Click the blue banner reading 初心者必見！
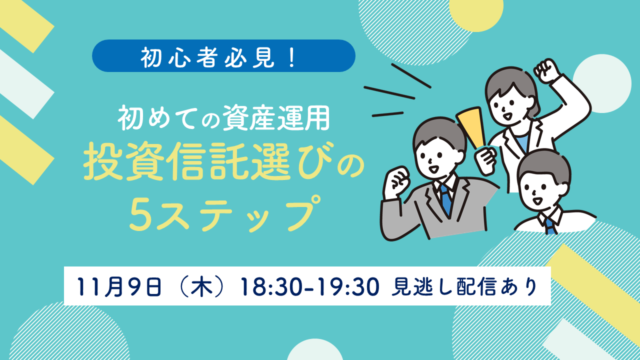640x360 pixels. click(x=223, y=55)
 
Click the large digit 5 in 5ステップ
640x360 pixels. click(x=140, y=215)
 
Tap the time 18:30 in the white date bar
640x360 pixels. click(x=271, y=286)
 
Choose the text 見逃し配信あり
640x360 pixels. click(x=464, y=286)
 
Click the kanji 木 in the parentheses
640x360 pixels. click(x=201, y=286)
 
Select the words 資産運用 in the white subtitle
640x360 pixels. click(x=276, y=118)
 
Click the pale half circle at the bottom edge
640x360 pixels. click(x=315, y=349)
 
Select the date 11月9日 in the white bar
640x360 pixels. click(x=119, y=286)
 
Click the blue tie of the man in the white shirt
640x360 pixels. click(x=550, y=225)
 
